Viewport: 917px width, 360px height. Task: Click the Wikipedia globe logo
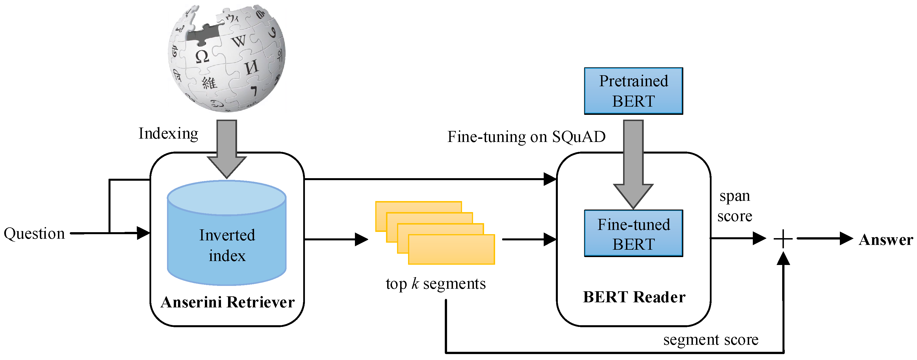pos(227,59)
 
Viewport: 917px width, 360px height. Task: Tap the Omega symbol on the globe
pos(202,56)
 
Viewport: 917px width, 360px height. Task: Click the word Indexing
pos(168,133)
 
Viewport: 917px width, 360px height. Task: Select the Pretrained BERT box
pos(633,91)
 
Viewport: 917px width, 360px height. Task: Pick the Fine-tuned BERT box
pos(633,234)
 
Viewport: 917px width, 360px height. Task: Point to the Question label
pos(34,234)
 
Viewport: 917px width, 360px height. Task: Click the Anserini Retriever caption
pos(227,302)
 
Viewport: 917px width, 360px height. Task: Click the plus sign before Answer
pos(783,239)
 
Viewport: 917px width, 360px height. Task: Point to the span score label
pos(735,206)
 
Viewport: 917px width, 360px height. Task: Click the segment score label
pos(710,340)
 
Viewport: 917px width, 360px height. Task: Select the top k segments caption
pos(435,284)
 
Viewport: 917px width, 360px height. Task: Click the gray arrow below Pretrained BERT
pos(633,164)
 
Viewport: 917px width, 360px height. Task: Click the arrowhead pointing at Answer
pos(846,239)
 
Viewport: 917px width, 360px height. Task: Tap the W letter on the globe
pos(239,41)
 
